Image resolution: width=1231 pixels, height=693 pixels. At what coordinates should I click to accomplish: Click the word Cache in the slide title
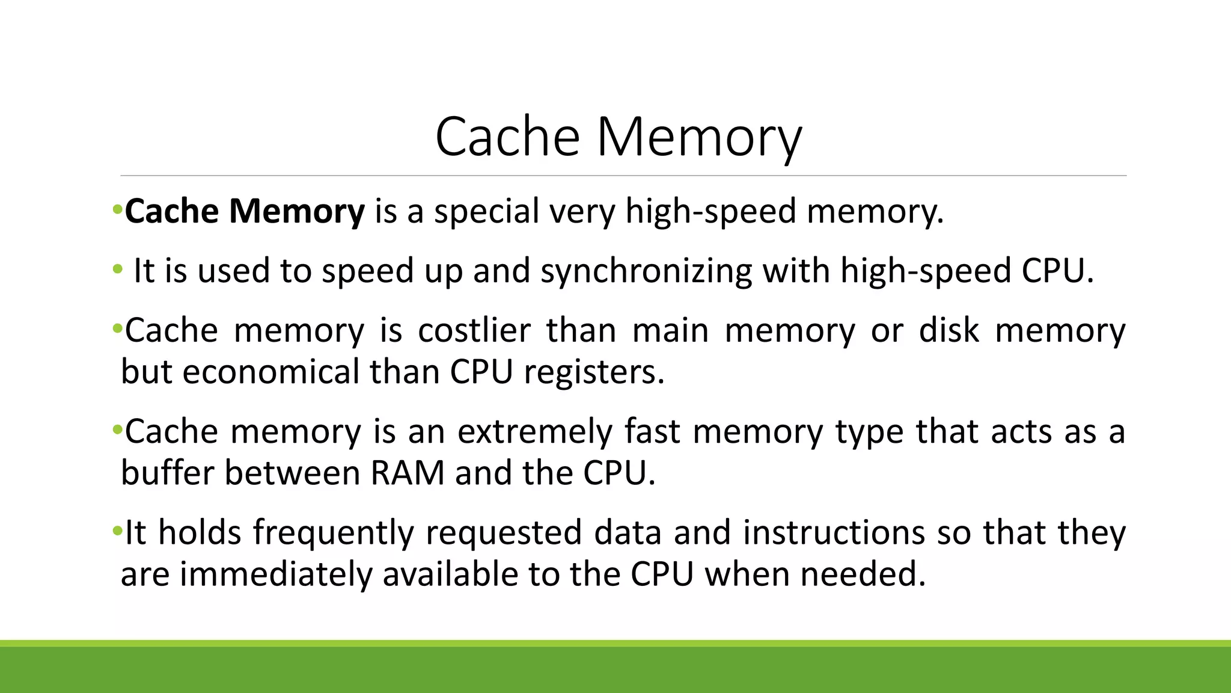[x=507, y=137]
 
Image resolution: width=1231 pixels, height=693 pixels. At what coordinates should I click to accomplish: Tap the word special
[x=486, y=211]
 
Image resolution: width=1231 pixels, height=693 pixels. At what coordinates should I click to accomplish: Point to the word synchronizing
[x=646, y=271]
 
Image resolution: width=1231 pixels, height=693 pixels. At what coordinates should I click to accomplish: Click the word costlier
[x=474, y=330]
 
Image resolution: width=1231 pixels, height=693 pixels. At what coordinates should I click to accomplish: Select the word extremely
[x=535, y=431]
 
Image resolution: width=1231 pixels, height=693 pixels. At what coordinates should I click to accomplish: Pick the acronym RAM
[x=408, y=473]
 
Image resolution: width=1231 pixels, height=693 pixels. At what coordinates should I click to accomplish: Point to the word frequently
[x=334, y=532]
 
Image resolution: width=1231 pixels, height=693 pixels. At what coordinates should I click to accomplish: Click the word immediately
[x=276, y=574]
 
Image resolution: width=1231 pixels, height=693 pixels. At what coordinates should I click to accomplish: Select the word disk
[x=950, y=330]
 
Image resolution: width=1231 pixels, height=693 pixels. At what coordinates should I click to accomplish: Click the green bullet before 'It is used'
[x=117, y=269]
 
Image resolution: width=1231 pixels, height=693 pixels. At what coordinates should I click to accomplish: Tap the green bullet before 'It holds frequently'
[x=117, y=531]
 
